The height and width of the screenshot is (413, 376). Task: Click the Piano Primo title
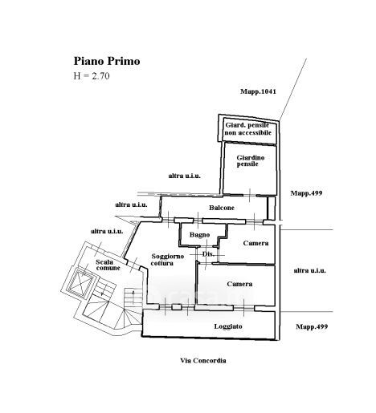click(107, 61)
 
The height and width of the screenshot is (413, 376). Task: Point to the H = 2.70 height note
click(92, 76)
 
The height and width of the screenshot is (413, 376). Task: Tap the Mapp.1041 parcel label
click(258, 91)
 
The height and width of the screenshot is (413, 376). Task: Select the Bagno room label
click(199, 235)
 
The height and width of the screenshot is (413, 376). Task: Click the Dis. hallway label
click(208, 254)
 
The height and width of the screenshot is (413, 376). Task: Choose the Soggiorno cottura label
click(167, 260)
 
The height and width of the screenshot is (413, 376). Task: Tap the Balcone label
click(222, 208)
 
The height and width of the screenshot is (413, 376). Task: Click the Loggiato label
click(228, 326)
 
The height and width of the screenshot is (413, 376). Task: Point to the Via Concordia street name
click(203, 361)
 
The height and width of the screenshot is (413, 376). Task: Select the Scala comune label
click(108, 265)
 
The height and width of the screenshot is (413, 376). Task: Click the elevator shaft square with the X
click(80, 283)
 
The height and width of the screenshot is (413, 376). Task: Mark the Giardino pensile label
click(251, 161)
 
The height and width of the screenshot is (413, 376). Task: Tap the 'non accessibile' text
click(248, 132)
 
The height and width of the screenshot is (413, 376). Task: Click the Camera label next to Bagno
click(255, 243)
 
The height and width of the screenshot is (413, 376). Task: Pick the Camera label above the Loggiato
click(239, 284)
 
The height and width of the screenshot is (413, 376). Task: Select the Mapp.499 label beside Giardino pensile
click(306, 193)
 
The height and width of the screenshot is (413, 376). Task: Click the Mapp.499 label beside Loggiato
click(312, 326)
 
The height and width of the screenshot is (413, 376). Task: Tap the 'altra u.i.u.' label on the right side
click(310, 270)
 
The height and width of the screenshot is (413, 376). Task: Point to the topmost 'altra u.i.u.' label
click(185, 176)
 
